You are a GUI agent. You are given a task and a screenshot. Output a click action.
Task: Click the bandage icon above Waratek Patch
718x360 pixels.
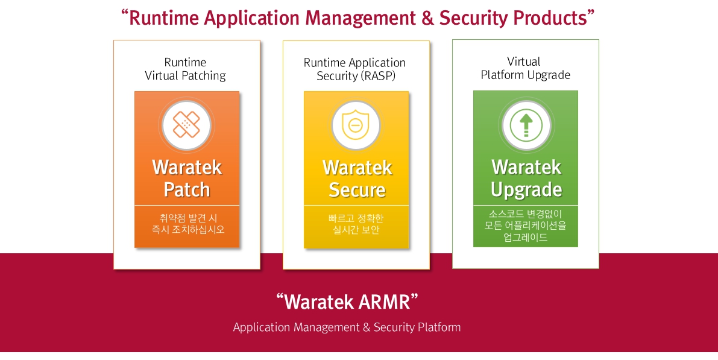click(x=187, y=125)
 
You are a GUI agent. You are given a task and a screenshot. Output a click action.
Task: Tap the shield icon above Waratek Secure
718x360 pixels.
click(x=356, y=125)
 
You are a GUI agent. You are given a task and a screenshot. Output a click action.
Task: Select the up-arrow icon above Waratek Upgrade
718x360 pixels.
click(x=526, y=125)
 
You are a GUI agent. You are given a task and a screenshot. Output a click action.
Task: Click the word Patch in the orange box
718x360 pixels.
click(x=187, y=189)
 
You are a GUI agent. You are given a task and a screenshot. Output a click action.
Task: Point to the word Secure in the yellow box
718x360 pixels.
click(x=357, y=189)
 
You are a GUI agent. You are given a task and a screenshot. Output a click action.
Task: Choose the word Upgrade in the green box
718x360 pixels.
click(x=526, y=189)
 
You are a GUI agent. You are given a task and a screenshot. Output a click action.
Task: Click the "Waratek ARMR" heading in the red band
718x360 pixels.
click(x=347, y=301)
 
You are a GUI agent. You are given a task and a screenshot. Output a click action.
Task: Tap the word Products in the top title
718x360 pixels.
click(x=549, y=18)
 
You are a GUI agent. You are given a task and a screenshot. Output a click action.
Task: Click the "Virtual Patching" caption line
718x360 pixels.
click(x=185, y=76)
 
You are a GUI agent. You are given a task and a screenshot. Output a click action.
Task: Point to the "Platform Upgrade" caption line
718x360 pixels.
click(x=525, y=75)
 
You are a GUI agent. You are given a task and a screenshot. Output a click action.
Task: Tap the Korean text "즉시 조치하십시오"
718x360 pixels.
click(x=187, y=230)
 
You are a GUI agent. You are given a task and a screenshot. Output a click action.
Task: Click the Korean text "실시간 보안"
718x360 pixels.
click(x=356, y=230)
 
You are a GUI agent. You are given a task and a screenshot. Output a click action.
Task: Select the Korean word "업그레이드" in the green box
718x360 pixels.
click(x=526, y=237)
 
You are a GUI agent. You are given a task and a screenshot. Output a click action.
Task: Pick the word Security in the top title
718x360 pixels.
click(x=473, y=18)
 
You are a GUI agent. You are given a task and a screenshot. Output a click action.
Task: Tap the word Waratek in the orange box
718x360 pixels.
click(x=187, y=167)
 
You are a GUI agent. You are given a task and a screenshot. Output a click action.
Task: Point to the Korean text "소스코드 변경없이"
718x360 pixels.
click(x=526, y=213)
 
